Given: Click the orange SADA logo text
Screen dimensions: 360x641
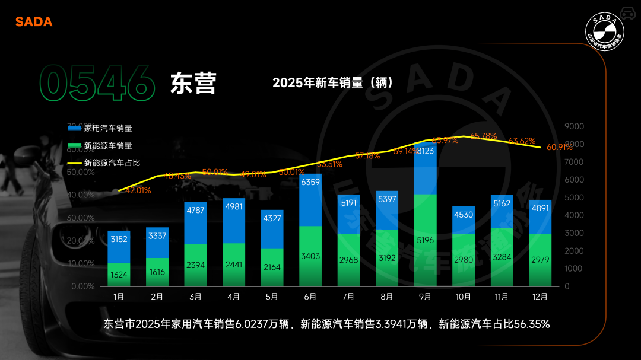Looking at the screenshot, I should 34,21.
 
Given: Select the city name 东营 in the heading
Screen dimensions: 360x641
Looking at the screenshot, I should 193,83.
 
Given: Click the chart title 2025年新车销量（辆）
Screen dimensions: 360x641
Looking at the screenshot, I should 333,82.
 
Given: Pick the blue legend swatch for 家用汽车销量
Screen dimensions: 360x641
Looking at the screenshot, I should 75,128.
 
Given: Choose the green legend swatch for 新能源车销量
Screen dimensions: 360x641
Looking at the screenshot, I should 75,145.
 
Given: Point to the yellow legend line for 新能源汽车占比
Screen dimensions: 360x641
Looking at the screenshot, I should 75,163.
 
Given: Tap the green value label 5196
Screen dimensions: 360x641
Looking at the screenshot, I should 425,240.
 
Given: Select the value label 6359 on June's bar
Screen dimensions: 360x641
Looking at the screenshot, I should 310,182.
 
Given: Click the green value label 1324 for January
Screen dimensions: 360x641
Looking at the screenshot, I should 119,274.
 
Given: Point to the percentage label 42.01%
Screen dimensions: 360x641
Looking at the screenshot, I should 138,190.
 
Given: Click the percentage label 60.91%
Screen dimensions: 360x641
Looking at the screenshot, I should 559,147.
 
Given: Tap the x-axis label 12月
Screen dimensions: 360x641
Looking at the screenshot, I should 540,296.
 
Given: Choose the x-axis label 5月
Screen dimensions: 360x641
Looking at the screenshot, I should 272,296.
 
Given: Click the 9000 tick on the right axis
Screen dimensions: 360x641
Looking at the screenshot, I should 574,126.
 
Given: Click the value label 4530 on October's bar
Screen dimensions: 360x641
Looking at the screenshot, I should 464,215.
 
